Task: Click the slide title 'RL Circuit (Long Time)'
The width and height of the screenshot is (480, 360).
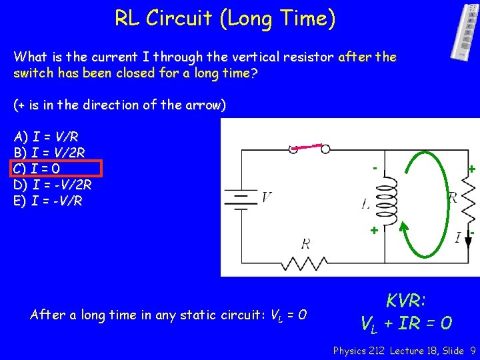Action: click(225, 18)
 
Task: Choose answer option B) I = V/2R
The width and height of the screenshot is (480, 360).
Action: click(49, 153)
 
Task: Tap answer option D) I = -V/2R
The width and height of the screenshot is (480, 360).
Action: click(52, 184)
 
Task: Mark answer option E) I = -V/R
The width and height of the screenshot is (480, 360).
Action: click(48, 200)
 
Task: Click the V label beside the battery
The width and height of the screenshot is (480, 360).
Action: click(266, 197)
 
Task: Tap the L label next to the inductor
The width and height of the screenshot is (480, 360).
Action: click(366, 205)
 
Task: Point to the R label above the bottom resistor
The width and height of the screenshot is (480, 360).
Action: click(305, 243)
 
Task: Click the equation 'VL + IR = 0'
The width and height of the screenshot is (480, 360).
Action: click(406, 324)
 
